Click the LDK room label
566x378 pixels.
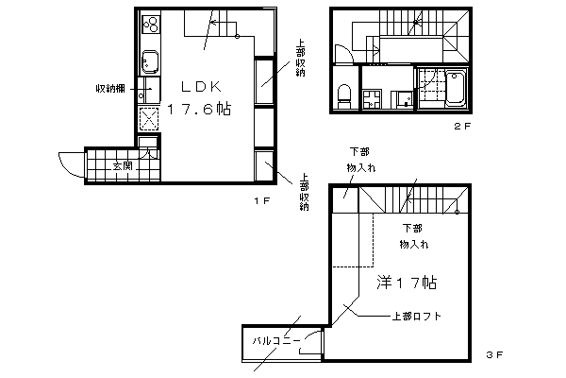(201, 86)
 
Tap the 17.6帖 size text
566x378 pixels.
(199, 109)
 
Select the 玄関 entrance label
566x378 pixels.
(123, 166)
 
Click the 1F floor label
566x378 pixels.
(262, 200)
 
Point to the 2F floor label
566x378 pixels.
(462, 127)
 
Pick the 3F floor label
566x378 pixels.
(494, 355)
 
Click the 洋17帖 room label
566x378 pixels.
(407, 283)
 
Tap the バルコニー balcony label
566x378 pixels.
(276, 341)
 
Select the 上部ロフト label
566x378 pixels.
(417, 317)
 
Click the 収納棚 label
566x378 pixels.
(110, 88)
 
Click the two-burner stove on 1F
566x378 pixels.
(151, 25)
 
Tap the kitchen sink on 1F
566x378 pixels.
(150, 61)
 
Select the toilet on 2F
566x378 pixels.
(344, 95)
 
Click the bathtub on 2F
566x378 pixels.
(456, 89)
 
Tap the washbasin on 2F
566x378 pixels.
(405, 99)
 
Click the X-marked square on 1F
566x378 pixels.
(149, 119)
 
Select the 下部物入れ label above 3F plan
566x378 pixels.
(360, 160)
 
